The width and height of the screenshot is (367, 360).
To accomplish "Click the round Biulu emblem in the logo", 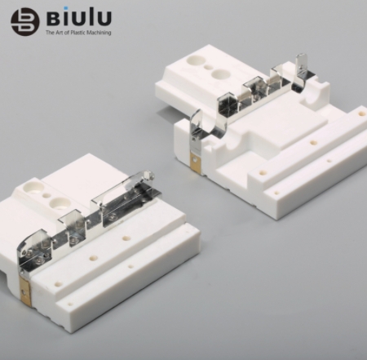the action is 24,22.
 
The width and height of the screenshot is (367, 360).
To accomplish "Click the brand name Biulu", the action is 79,17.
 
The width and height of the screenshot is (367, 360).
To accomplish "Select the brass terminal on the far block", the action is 195,163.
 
